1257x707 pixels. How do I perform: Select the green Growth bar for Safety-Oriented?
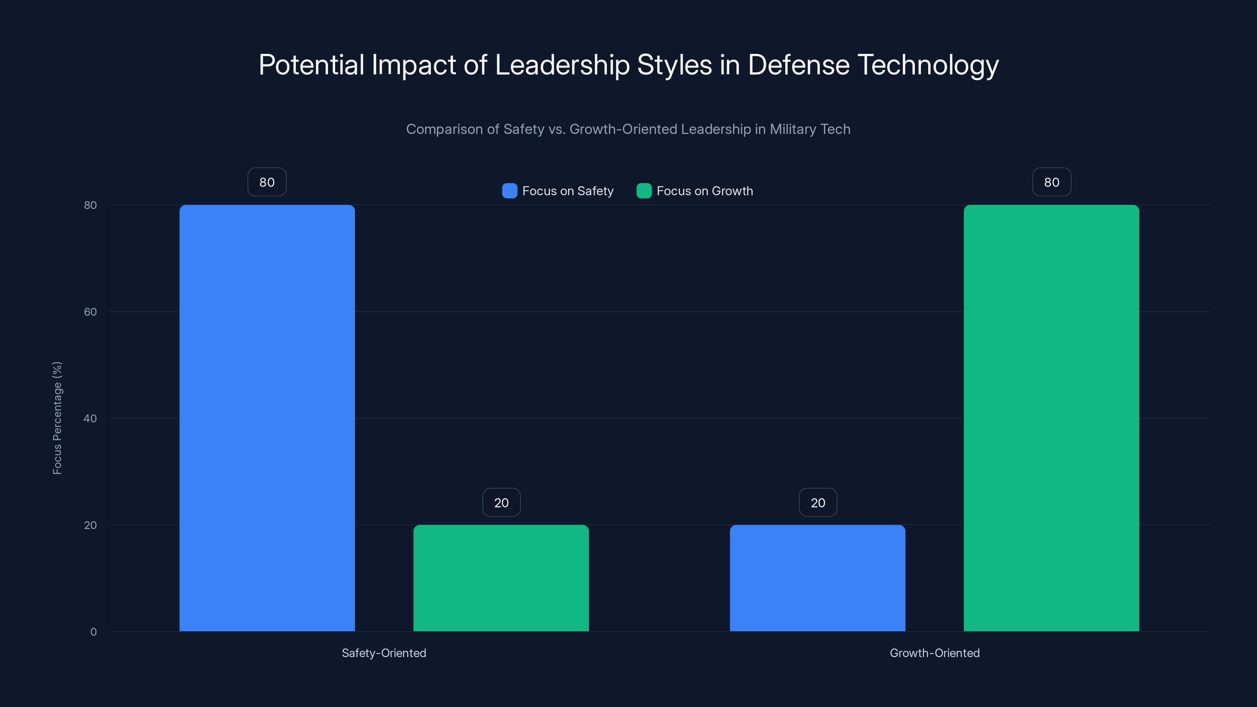[x=501, y=578]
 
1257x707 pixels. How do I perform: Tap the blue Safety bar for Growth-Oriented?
[x=817, y=578]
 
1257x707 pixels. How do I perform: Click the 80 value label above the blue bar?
[x=267, y=182]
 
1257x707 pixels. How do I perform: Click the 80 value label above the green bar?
[x=1052, y=182]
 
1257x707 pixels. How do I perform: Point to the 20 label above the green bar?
[x=501, y=503]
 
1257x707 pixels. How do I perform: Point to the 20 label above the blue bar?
[x=818, y=503]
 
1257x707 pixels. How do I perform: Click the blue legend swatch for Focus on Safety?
[x=509, y=191]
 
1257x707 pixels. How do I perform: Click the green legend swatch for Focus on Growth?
[x=644, y=191]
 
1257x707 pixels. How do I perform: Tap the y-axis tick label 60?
[x=90, y=312]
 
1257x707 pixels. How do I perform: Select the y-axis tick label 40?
[x=90, y=418]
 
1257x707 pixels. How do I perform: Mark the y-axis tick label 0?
[x=93, y=632]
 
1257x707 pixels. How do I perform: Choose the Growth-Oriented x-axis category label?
[x=935, y=653]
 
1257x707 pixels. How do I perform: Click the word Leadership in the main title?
[x=562, y=65]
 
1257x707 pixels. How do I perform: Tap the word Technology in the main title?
[x=928, y=65]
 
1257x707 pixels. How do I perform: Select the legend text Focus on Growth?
[x=705, y=191]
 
